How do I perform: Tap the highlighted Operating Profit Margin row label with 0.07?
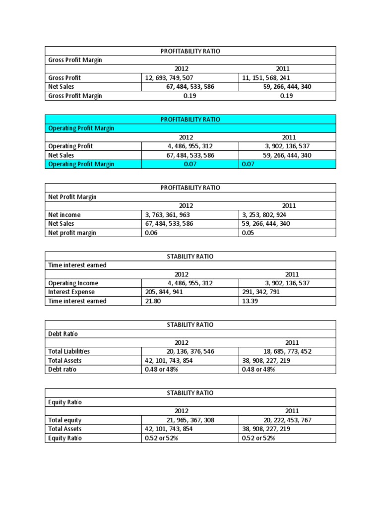click(81, 164)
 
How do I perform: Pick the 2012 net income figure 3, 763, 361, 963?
click(167, 215)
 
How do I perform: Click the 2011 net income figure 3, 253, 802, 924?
click(264, 215)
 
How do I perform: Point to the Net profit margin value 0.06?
click(151, 233)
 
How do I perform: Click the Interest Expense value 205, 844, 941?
click(165, 292)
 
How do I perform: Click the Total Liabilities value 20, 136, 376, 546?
click(187, 352)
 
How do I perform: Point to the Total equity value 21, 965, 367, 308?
click(187, 420)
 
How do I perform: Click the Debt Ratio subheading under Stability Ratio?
click(63, 334)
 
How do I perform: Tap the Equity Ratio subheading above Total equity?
click(65, 402)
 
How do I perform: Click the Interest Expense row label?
click(71, 292)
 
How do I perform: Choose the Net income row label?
click(64, 215)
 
